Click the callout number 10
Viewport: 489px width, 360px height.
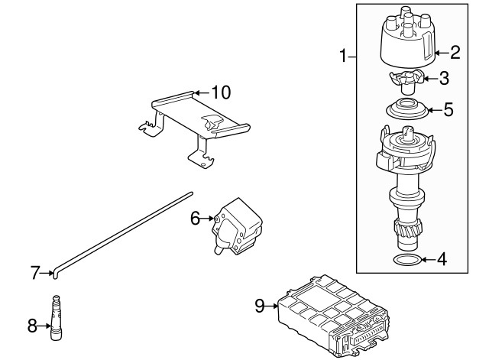pyautogui.click(x=221, y=92)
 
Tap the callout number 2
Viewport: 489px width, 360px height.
pyautogui.click(x=455, y=53)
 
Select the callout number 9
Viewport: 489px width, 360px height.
pyautogui.click(x=260, y=306)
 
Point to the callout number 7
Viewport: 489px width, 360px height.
pyautogui.click(x=35, y=273)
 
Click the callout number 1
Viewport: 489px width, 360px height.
pyautogui.click(x=343, y=56)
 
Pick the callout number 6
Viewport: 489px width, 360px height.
pyautogui.click(x=196, y=218)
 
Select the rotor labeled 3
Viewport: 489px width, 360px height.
pyautogui.click(x=406, y=82)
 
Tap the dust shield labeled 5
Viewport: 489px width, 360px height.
pyautogui.click(x=406, y=109)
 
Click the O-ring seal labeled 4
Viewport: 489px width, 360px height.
pyautogui.click(x=406, y=260)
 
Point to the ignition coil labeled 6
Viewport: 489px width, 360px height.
pyautogui.click(x=237, y=226)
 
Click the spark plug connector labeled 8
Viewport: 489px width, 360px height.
pyautogui.click(x=56, y=317)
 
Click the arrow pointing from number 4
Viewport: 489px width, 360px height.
pyautogui.click(x=429, y=259)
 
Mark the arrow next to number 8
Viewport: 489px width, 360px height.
pyautogui.click(x=44, y=326)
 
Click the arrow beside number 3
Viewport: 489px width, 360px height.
pyautogui.click(x=431, y=78)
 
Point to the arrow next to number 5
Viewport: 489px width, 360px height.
pyautogui.click(x=436, y=110)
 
